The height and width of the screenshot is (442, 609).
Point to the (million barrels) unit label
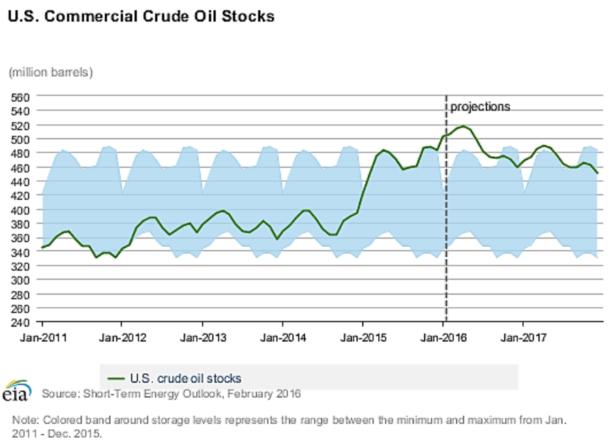50,72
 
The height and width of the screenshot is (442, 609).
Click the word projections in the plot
480,107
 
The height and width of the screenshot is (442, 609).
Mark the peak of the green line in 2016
463,126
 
